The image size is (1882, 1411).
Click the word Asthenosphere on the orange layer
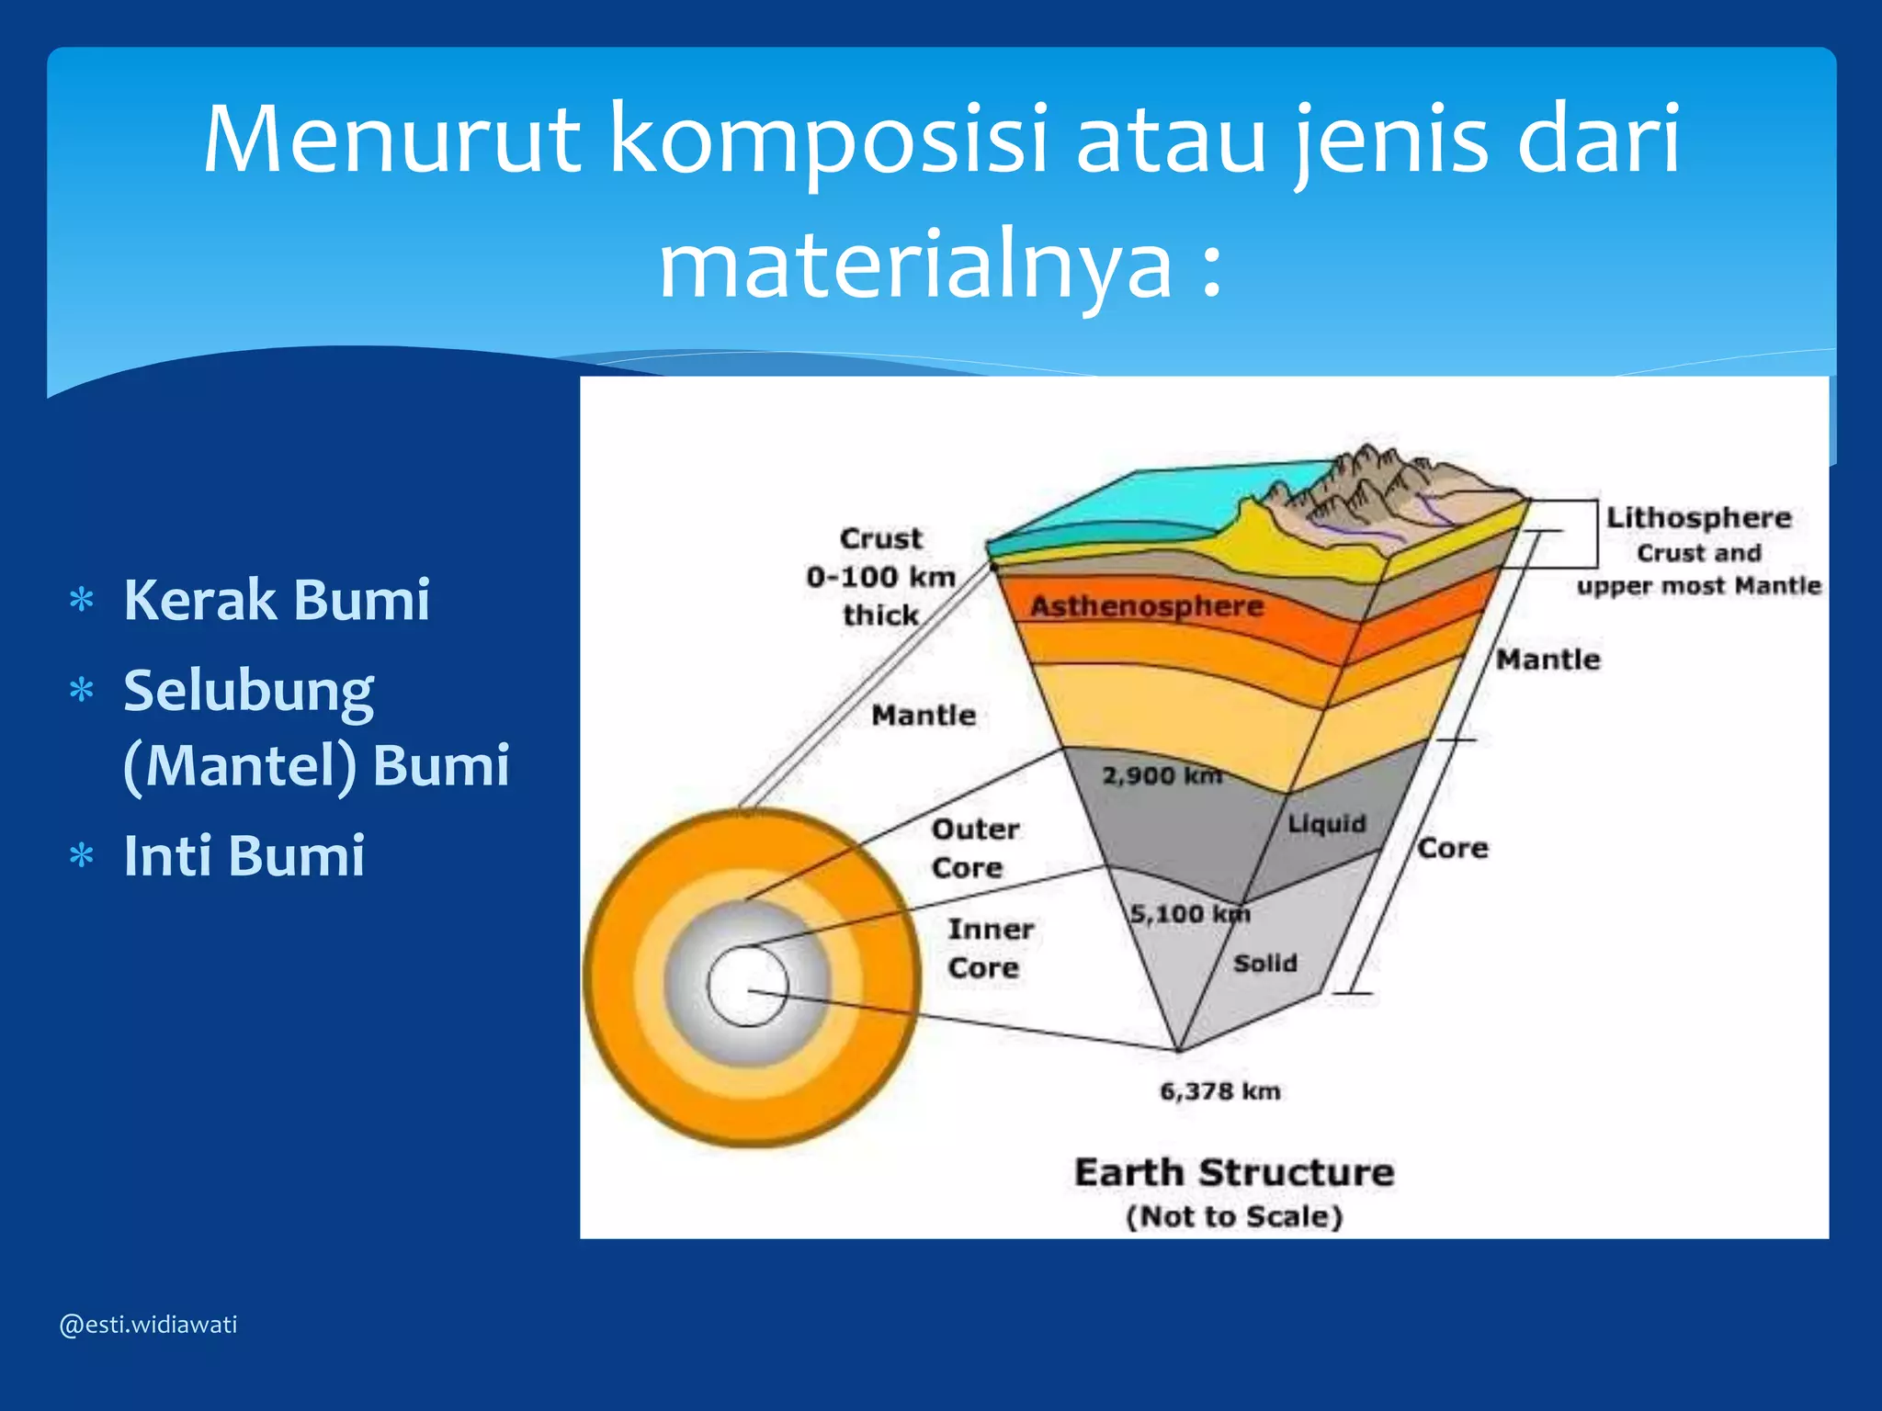(x=1147, y=606)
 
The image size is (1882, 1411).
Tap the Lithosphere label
(x=1698, y=517)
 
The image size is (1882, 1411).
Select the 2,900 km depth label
(x=1162, y=775)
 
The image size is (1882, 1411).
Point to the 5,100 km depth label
(x=1189, y=913)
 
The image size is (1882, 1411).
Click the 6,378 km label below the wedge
(x=1219, y=1091)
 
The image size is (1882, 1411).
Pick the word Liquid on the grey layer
(x=1326, y=823)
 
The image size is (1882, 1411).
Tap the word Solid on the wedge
(x=1265, y=963)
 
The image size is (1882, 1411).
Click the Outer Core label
(x=974, y=848)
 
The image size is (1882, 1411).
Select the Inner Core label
(x=989, y=948)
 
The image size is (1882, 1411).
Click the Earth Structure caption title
(x=1234, y=1173)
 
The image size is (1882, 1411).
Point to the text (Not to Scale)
(x=1234, y=1216)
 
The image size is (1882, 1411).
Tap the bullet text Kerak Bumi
(x=277, y=600)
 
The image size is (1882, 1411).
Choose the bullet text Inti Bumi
(x=244, y=855)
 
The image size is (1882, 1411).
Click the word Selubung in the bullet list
(x=248, y=691)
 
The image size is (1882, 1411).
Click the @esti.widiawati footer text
(x=148, y=1325)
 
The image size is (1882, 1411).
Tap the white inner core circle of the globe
(x=746, y=986)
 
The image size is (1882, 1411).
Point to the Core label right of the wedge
(x=1452, y=847)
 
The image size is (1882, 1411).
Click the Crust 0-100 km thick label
(x=880, y=576)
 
